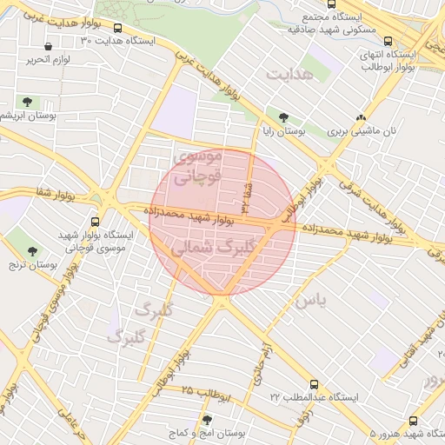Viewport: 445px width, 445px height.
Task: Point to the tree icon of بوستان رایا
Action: coord(284,116)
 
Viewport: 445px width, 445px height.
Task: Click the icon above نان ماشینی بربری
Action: coord(362,117)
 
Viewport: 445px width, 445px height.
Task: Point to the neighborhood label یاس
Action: coord(311,301)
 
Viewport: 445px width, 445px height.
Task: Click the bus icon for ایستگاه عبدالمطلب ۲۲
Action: coord(314,384)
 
